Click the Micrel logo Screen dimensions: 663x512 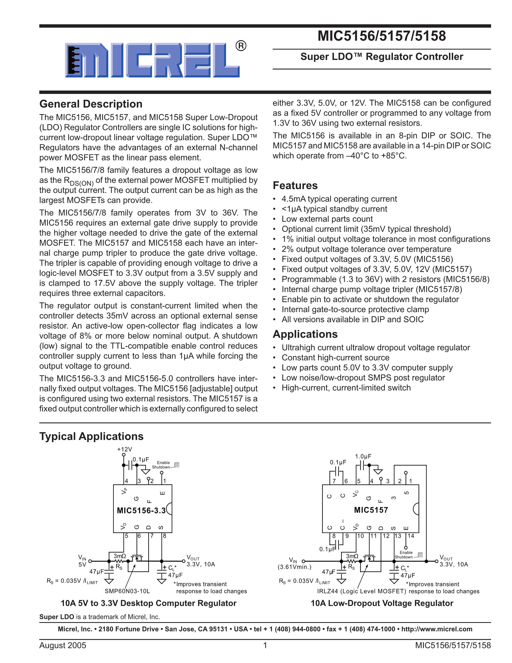152,60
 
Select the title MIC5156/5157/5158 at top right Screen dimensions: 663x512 382,36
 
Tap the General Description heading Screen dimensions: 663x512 91,104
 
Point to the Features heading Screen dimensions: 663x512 295,185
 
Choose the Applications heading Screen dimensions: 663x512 305,334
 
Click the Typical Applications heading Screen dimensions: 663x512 91,436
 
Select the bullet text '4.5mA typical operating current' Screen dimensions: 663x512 339,199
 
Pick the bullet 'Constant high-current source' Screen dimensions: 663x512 336,358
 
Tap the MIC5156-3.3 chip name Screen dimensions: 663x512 141,511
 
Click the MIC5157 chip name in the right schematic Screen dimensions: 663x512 371,510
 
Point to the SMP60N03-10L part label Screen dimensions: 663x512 127,591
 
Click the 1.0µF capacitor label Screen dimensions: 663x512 363,457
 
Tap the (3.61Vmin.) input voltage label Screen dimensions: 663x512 294,567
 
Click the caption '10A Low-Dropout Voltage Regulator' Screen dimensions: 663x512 382,603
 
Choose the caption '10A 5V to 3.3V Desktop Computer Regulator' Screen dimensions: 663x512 148,603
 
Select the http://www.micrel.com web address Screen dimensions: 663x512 436,629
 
